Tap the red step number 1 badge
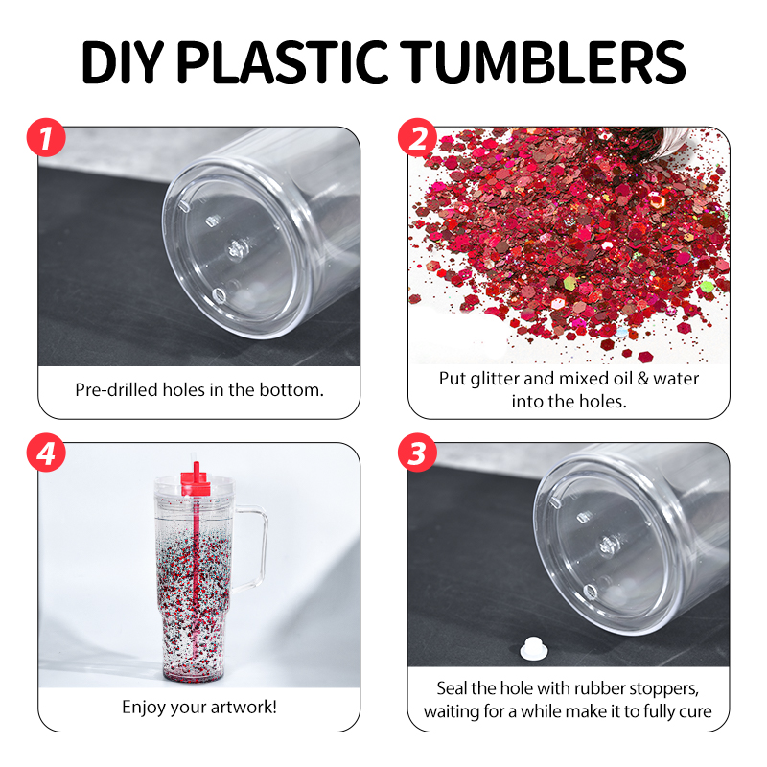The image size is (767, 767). click(47, 139)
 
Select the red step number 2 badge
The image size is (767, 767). click(417, 139)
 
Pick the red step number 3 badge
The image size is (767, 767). click(417, 454)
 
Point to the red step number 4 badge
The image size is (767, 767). click(47, 454)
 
